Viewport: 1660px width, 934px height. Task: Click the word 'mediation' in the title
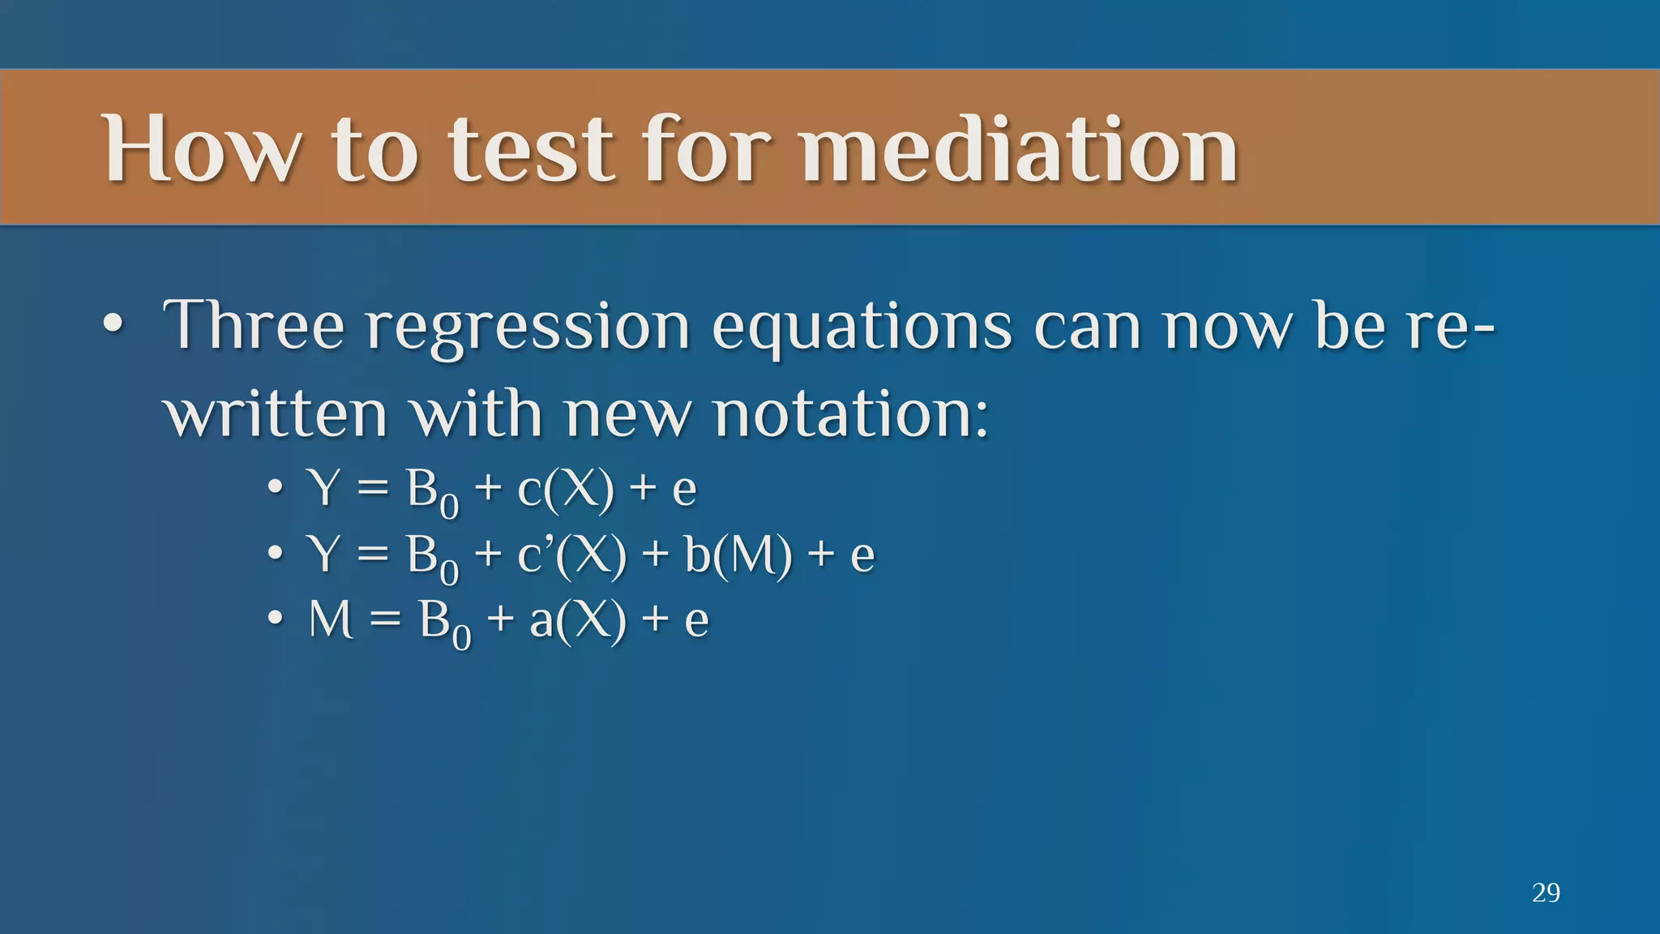tap(1019, 149)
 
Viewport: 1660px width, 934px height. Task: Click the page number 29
tap(1546, 893)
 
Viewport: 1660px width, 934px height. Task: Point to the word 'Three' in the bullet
tap(254, 326)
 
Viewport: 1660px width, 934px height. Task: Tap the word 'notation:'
tap(851, 414)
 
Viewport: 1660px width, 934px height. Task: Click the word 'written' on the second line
tap(276, 414)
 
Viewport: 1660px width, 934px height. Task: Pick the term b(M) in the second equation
tap(738, 556)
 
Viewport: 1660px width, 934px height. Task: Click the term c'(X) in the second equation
tap(571, 556)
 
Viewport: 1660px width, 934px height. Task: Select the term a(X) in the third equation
tap(578, 621)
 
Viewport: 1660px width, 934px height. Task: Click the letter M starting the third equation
tap(331, 620)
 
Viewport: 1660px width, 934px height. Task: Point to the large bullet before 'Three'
tap(114, 326)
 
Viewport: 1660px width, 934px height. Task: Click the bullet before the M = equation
tap(276, 620)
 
